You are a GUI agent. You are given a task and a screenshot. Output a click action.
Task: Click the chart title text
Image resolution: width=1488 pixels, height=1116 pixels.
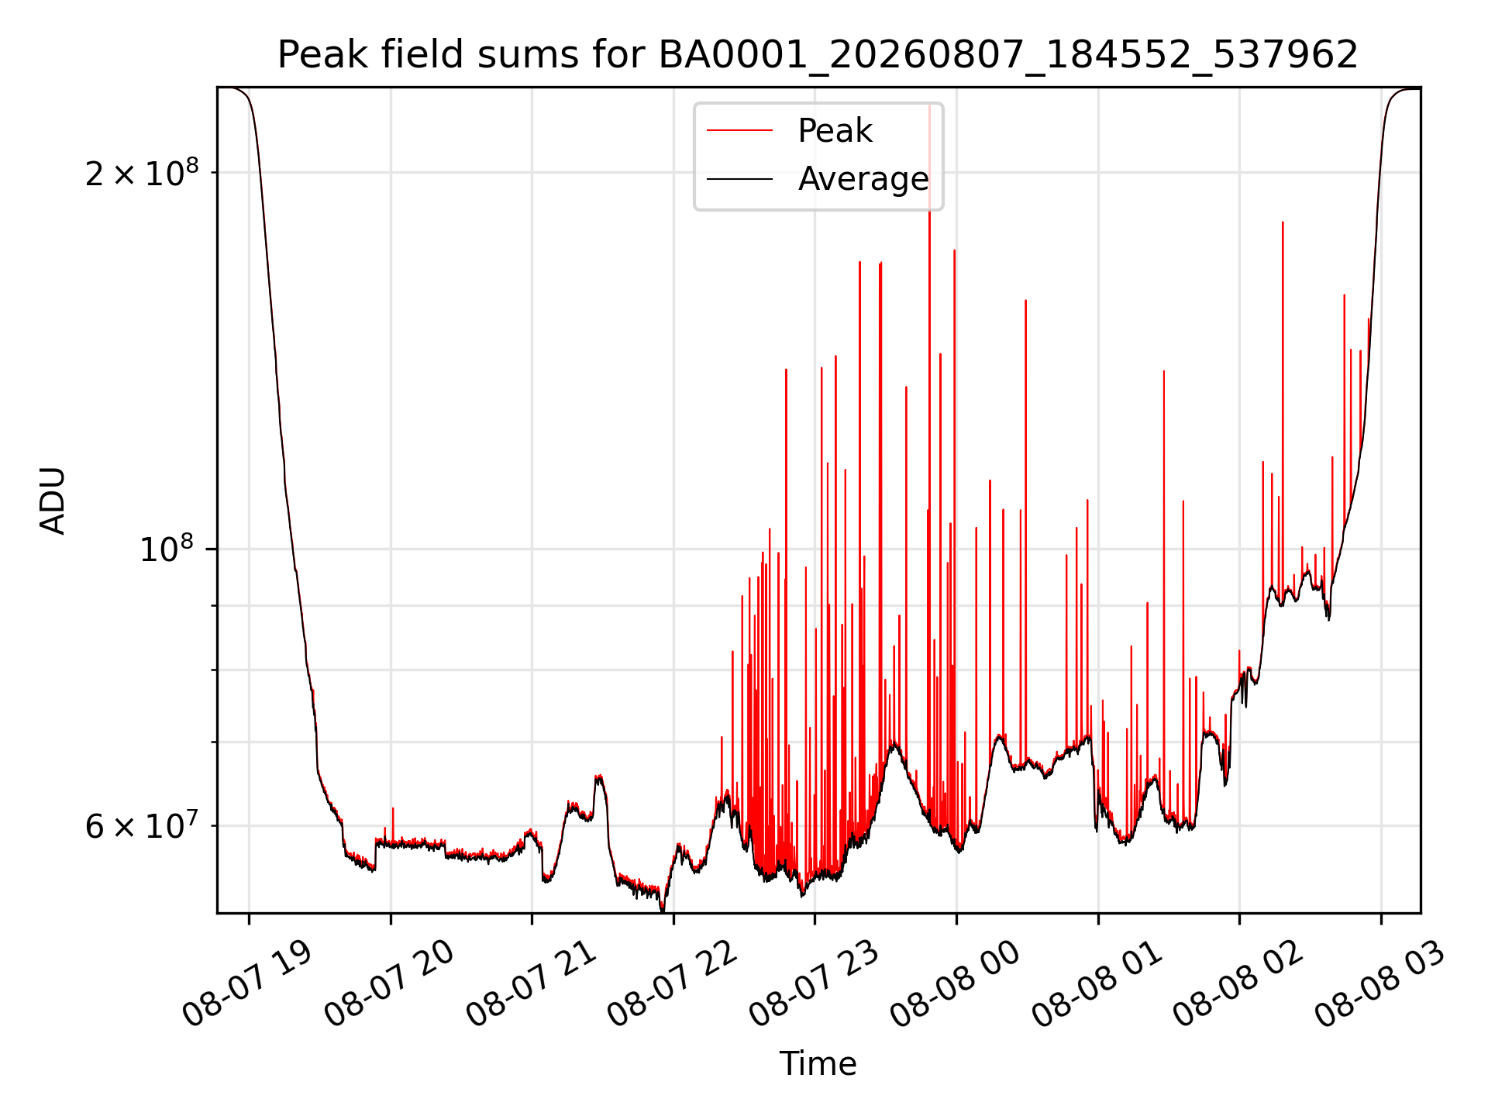(818, 55)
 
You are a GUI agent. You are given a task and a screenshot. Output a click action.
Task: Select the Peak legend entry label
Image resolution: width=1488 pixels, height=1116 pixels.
(835, 131)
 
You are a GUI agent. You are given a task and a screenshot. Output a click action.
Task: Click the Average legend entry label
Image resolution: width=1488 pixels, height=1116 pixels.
(863, 179)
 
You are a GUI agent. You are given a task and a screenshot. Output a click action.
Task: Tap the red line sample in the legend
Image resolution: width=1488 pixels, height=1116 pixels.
(739, 131)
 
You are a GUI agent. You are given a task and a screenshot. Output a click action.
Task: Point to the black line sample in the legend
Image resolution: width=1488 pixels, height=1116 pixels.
(739, 179)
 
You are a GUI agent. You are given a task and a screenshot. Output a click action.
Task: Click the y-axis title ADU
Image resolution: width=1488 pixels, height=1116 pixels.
(53, 501)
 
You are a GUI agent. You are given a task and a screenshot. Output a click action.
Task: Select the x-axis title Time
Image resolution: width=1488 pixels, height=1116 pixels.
(818, 1064)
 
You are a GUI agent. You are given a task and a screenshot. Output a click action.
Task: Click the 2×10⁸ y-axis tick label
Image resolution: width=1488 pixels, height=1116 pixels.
(142, 172)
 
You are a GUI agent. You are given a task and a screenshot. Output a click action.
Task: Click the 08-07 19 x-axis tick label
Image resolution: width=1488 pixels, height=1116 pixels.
(246, 986)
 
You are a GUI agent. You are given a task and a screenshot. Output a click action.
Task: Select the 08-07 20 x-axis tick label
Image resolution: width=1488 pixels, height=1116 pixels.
(388, 986)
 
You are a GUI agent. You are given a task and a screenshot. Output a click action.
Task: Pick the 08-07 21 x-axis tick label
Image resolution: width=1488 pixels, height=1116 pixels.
(530, 986)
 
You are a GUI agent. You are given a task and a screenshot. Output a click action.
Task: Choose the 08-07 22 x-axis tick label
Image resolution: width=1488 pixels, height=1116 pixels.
(671, 986)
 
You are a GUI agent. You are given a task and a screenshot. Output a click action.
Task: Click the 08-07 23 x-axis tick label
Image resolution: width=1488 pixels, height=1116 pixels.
(813, 986)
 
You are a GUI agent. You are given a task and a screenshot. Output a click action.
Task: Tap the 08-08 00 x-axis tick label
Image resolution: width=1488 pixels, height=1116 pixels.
(954, 986)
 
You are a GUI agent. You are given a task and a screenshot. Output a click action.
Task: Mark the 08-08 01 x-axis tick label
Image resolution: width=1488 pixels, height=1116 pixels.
(1097, 986)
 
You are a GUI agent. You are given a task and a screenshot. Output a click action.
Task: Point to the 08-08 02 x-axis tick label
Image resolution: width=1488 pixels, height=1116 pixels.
(1238, 986)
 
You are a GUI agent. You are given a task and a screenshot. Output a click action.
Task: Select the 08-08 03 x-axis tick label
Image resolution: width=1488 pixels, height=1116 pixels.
(1379, 986)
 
